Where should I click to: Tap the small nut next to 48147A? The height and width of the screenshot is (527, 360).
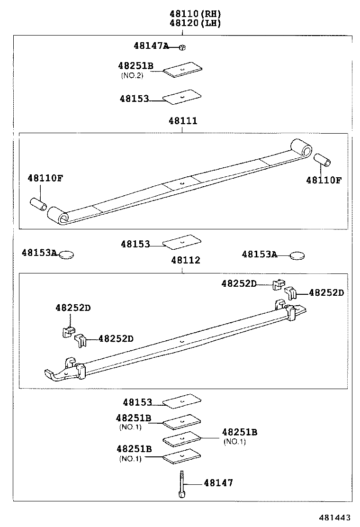[182, 47]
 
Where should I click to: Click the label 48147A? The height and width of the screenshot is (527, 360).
[151, 46]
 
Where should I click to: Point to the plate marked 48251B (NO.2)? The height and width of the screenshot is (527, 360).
[182, 69]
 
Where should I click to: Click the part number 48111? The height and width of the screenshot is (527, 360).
[182, 121]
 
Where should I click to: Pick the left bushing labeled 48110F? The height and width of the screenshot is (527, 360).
[39, 205]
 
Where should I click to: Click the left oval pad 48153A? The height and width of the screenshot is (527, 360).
[66, 254]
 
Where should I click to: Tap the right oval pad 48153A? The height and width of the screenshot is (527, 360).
[297, 256]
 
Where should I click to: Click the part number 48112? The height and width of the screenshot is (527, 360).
[185, 260]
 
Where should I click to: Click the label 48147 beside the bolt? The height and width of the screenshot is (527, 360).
[218, 483]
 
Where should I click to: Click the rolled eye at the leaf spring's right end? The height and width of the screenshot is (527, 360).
[301, 148]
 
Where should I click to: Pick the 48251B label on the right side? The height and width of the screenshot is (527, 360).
[240, 432]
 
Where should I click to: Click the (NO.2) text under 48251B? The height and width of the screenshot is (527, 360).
[131, 75]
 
